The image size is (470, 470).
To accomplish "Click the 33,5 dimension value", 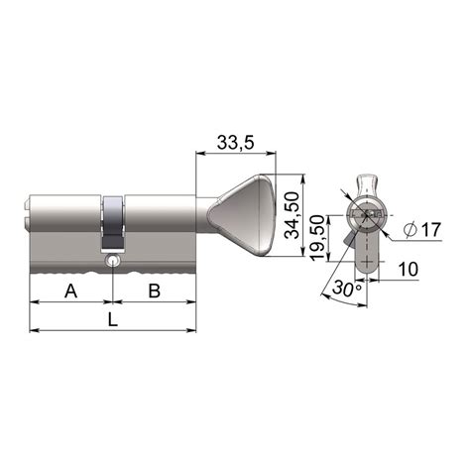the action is click(x=235, y=143).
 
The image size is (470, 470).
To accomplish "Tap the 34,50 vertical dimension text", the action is click(x=293, y=215).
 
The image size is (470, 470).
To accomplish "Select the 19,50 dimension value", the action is click(x=318, y=238).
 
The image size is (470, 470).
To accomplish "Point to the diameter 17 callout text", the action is click(x=422, y=229).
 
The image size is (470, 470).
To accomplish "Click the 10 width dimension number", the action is click(x=409, y=269).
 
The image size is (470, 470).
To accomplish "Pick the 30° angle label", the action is click(x=347, y=288).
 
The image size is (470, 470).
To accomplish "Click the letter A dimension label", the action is click(x=71, y=292).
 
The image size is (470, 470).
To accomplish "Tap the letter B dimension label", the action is click(x=155, y=292).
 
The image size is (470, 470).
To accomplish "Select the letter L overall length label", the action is click(x=113, y=319).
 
